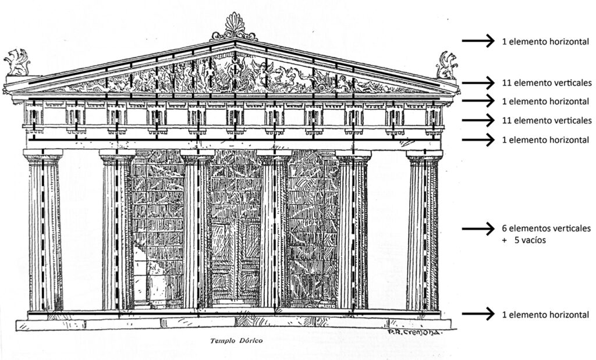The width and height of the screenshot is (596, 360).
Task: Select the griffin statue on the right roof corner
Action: tap(446, 65)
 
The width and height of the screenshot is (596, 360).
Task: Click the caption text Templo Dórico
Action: tap(236, 341)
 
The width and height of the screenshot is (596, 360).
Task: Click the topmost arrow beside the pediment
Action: tap(478, 41)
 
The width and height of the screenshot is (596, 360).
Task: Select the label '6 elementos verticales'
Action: tap(546, 228)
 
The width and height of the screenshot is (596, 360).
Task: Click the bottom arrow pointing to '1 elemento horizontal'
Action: tap(478, 314)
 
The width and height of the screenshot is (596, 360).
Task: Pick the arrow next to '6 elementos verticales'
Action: tap(478, 229)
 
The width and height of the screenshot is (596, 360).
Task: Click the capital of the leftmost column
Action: tap(43, 157)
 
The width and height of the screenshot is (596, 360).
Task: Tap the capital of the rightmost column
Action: tap(424, 157)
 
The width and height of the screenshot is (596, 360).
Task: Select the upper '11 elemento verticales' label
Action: tap(547, 83)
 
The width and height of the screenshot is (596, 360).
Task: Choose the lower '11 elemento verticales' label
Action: tap(547, 120)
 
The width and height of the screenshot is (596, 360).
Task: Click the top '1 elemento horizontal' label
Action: tap(545, 41)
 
